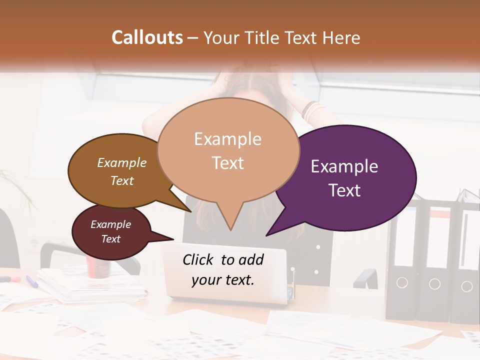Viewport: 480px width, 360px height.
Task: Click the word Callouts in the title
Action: pos(147,37)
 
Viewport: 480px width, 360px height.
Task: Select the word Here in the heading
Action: pos(342,38)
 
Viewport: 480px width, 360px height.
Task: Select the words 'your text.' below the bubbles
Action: pos(223,280)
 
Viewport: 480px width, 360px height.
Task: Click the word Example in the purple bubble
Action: pos(344,166)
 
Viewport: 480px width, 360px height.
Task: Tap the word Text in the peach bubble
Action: pos(228,163)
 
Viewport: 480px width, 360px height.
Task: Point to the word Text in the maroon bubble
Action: pos(110,239)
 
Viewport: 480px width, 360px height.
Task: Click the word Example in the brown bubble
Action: pos(122,162)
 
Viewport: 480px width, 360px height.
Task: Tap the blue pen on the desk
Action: pos(31,281)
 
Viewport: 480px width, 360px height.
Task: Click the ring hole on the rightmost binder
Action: pos(466,286)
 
